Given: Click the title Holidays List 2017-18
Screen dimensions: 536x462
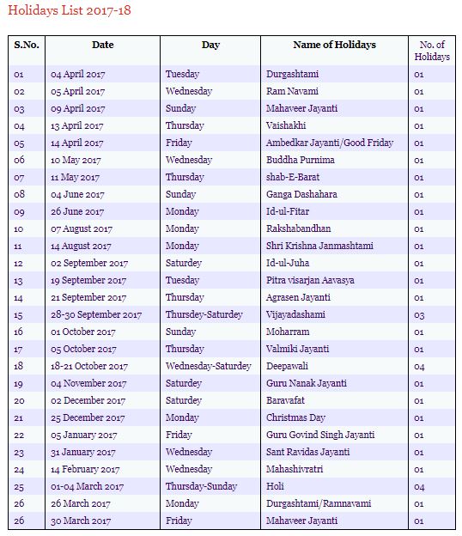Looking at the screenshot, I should tap(70, 12).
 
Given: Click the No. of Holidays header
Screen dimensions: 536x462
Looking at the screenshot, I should tap(431, 50).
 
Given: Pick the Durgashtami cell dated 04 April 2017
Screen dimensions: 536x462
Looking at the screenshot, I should tap(292, 75).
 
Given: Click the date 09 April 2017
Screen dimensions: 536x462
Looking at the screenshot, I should tap(77, 109).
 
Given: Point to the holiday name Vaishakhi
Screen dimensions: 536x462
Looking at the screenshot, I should tap(286, 126).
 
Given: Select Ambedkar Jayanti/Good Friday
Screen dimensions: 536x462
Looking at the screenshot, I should tap(330, 143).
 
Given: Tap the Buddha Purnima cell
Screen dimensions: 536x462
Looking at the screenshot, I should tap(301, 161).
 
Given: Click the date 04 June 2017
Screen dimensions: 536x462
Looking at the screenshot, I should tap(77, 195).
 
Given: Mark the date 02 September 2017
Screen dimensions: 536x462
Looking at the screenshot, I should tap(89, 264).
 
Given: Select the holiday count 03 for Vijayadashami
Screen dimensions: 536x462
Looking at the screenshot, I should tap(419, 315).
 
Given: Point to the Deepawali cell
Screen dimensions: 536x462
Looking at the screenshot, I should tap(287, 367).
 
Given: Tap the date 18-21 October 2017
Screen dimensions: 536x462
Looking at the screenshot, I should tap(90, 367).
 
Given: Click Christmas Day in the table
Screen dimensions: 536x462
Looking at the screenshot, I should tap(295, 418).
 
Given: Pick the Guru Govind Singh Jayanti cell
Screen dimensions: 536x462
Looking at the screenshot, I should tap(319, 435).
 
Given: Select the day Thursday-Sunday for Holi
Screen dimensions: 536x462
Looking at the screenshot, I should tap(201, 487).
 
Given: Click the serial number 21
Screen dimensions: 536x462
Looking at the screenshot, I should tap(19, 418).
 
